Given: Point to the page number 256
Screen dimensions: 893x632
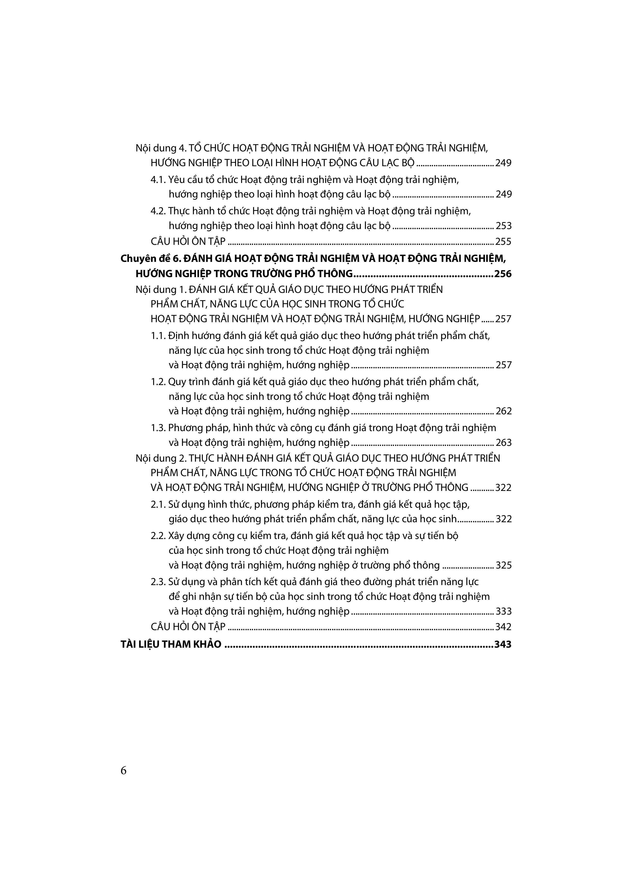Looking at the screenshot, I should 503,274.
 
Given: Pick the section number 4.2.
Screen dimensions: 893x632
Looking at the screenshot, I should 159,211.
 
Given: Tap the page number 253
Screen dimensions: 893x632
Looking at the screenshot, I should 504,226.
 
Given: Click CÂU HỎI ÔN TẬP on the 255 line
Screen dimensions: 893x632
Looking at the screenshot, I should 188,242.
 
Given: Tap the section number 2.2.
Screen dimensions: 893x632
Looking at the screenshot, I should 159,536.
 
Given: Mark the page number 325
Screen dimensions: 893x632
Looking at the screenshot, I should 504,565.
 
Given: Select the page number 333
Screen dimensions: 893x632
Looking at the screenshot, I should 504,612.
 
